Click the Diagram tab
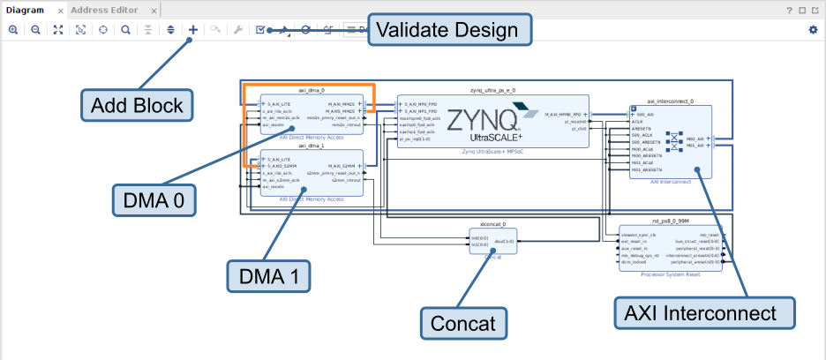pyautogui.click(x=25, y=11)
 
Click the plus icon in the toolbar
pyautogui.click(x=193, y=29)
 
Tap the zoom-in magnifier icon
pyautogui.click(x=13, y=29)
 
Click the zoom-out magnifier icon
pyautogui.click(x=35, y=29)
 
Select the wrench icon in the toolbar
pyautogui.click(x=237, y=29)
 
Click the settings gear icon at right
pyautogui.click(x=813, y=29)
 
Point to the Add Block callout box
pyautogui.click(x=137, y=106)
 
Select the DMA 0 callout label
pyautogui.click(x=154, y=201)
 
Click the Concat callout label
pyautogui.click(x=463, y=324)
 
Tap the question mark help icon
pyautogui.click(x=789, y=11)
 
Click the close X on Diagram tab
pyautogui.click(x=60, y=11)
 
